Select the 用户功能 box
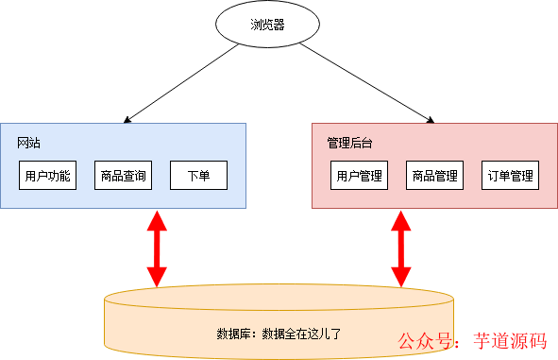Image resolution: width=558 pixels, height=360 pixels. [47, 176]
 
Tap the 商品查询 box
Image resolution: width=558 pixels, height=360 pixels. [123, 176]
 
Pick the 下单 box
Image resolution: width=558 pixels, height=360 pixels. [198, 176]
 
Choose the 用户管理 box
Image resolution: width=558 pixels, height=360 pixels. [359, 176]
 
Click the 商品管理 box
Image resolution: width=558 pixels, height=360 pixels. [434, 176]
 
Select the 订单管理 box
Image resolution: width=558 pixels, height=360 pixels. [511, 176]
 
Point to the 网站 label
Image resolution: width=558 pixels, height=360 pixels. [29, 143]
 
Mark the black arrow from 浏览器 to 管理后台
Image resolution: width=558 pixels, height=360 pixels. [368, 83]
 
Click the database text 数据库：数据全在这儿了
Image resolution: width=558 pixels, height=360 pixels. [279, 334]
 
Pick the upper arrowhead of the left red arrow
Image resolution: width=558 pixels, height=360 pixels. [156, 219]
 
